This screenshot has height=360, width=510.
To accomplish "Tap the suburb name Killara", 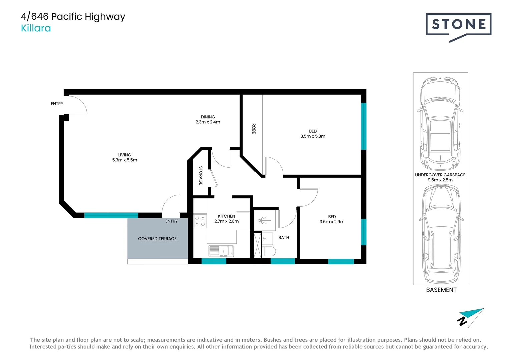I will point(36,28).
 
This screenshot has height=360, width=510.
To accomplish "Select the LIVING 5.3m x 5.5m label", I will point(125,157).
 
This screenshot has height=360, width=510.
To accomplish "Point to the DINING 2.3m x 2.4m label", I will point(208,119).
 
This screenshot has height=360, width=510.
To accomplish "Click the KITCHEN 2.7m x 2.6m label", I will point(226,219).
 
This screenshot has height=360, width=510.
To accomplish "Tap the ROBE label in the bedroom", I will point(253,129).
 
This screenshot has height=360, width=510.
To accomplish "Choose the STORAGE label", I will point(201,175).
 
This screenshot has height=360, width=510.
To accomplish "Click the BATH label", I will point(284,238).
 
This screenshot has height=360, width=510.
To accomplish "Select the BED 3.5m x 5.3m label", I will point(313,134).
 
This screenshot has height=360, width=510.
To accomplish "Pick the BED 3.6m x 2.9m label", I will point(332,219).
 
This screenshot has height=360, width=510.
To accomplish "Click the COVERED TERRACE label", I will point(157,239).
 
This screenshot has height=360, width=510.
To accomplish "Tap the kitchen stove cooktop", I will point(200,221).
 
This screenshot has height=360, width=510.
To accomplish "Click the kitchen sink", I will point(221,251).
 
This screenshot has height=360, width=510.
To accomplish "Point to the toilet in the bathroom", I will point(269,251).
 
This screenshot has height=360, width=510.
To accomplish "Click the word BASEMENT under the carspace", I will point(441,290).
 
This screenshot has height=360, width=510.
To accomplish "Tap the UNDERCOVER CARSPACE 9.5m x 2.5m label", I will point(440,177).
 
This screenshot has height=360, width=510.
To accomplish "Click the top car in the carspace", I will point(440,123).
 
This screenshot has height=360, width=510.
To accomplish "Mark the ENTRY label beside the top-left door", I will point(57,104).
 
